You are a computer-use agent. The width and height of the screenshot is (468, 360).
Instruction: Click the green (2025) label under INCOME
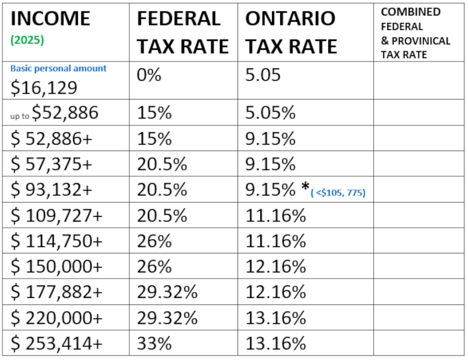point(27,40)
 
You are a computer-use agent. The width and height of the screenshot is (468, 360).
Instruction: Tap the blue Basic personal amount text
point(58,68)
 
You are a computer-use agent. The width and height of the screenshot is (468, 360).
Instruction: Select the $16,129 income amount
point(44,88)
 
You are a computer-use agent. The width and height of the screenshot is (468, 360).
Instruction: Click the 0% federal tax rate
point(149,75)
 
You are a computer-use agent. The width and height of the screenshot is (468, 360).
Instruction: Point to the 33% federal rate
point(154,343)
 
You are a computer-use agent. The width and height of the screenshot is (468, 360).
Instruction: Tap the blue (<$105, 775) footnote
point(338,193)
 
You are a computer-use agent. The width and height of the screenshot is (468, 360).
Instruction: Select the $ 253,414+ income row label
point(56,343)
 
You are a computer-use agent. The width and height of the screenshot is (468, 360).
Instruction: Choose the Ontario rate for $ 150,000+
point(276,266)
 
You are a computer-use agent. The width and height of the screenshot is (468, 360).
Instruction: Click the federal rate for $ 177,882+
point(167,292)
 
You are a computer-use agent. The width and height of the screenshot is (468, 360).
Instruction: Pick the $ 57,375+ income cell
point(51,164)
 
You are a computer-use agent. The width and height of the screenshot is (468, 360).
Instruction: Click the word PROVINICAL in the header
point(421,41)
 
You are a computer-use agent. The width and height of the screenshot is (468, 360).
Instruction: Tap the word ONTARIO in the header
point(290,19)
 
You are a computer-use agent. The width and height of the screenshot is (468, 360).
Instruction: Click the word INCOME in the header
point(50,19)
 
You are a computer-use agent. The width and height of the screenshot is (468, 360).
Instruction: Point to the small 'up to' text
point(20,116)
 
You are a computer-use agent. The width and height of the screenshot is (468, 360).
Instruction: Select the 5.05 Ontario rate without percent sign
point(263,75)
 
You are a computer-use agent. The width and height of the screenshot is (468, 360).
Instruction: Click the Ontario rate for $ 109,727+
point(276,215)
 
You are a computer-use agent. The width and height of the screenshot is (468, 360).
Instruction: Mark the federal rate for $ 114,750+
point(154,241)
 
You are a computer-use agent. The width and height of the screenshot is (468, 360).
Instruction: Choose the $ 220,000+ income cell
point(56,318)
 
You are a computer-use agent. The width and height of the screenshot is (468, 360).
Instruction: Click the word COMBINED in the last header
point(411,12)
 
